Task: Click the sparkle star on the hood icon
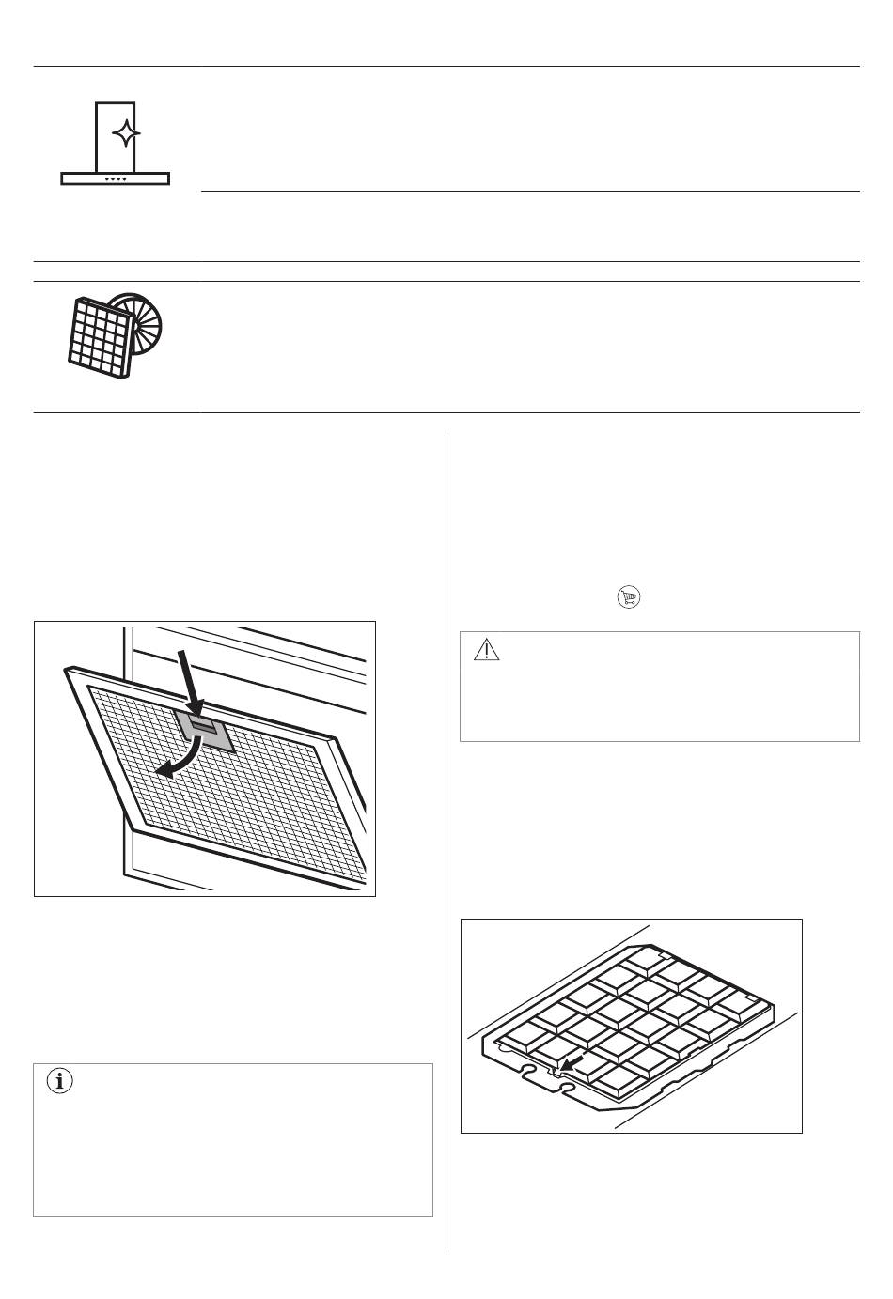[126, 134]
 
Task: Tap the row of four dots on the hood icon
[115, 178]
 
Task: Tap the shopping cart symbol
[629, 596]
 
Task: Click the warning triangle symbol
[486, 650]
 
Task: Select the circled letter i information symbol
[61, 1082]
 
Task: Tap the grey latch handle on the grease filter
[205, 729]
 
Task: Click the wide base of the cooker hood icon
[115, 178]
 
